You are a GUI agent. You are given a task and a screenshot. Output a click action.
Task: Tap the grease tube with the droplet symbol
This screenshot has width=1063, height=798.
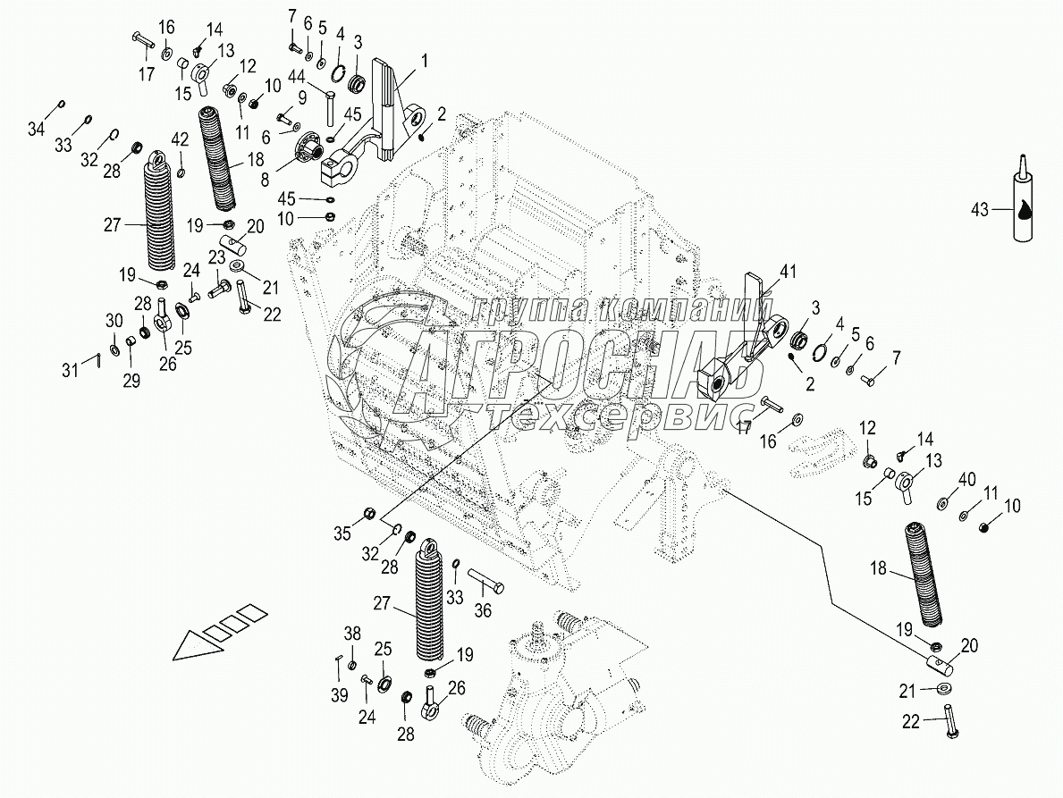point(1022,203)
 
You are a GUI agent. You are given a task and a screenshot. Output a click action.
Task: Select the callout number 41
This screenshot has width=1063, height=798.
point(786,270)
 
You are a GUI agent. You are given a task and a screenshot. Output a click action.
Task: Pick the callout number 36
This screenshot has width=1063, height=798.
point(484,612)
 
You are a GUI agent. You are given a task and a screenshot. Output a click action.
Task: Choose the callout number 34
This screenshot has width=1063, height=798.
point(36,130)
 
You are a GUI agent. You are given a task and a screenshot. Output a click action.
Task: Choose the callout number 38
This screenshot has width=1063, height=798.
point(352,634)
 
